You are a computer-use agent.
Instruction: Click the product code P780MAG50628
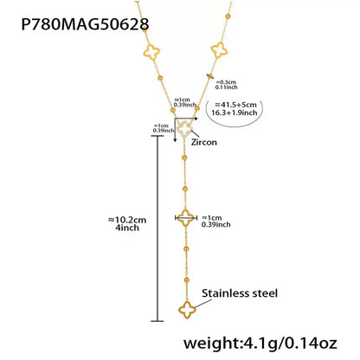click(x=85, y=23)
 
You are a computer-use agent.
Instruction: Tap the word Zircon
click(x=203, y=142)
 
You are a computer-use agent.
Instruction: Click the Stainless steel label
click(x=240, y=293)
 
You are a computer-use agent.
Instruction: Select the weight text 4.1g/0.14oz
click(x=291, y=344)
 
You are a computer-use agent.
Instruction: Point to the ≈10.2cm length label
click(x=127, y=220)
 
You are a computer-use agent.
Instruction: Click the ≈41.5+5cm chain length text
click(x=235, y=105)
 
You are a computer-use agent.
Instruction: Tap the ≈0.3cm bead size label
click(x=226, y=82)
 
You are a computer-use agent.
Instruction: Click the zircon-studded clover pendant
click(x=183, y=129)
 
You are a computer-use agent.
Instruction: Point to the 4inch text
click(x=127, y=228)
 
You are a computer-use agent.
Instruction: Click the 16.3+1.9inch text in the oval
click(x=234, y=112)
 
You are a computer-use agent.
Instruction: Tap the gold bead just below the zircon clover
click(x=184, y=157)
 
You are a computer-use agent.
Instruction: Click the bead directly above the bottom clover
click(x=187, y=280)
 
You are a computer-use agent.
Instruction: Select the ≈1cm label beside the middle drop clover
click(x=212, y=218)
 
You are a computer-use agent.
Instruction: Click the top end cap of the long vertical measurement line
click(x=157, y=136)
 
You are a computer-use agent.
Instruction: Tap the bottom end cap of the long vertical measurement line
click(x=157, y=321)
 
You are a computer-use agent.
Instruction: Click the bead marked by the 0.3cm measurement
click(x=210, y=76)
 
